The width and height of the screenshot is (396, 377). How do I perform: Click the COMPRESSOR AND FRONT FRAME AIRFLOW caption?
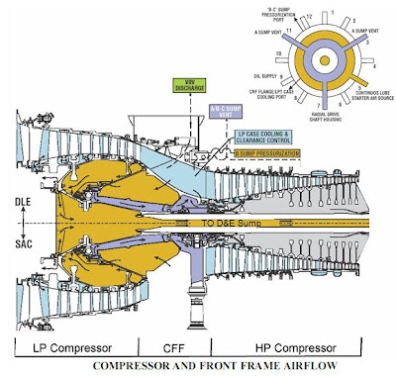197,368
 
